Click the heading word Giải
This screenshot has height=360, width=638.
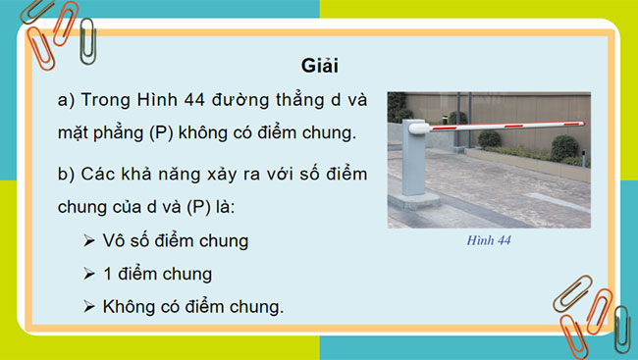[318, 65]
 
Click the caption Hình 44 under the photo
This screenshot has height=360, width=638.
[489, 237]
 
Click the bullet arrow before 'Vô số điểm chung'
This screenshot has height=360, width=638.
[89, 240]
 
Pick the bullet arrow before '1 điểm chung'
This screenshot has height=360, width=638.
[89, 274]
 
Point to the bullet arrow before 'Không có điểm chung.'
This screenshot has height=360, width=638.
[89, 307]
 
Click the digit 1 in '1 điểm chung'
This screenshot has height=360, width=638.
[107, 274]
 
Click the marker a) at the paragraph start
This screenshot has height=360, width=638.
[67, 100]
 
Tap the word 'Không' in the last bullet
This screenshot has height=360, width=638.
[125, 307]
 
